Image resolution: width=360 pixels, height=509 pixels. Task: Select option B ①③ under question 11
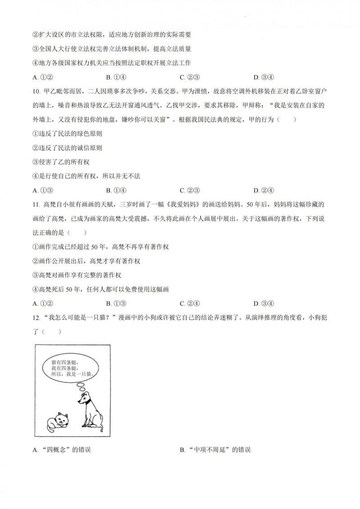116,303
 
